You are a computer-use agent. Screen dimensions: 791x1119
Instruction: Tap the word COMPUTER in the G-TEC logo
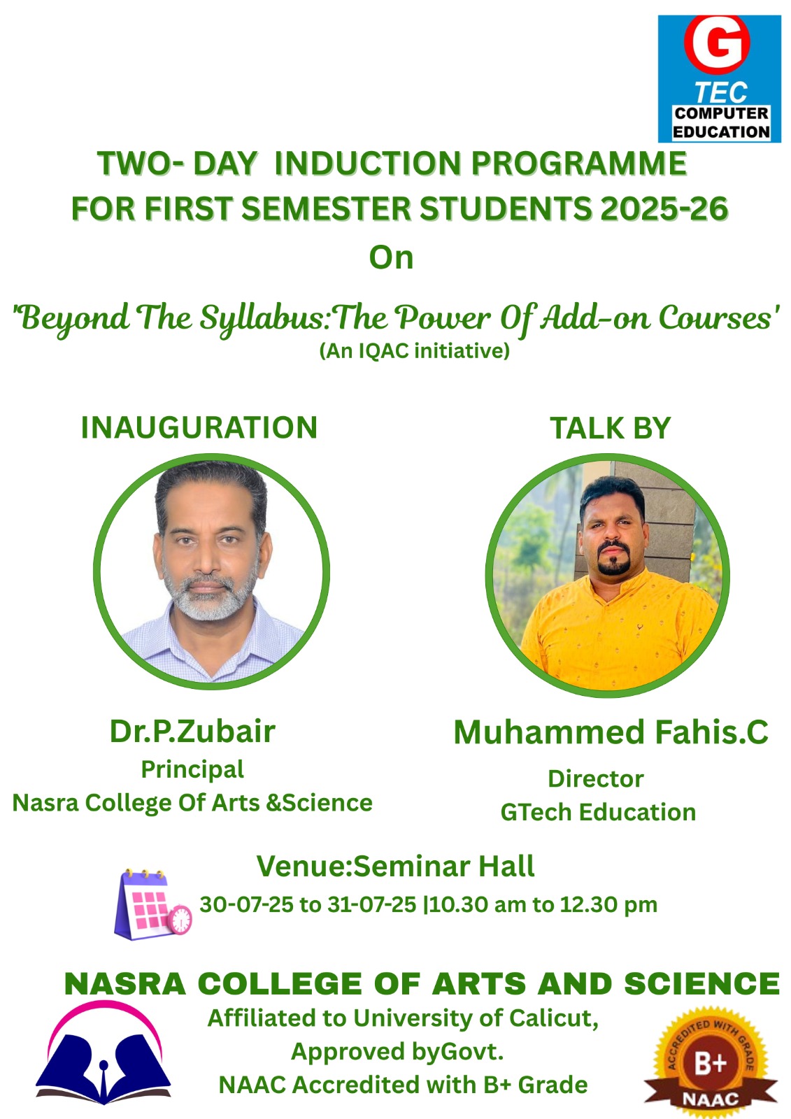point(722,113)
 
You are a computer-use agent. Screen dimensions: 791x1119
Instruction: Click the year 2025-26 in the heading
point(664,208)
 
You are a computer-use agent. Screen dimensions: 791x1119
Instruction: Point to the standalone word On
point(391,258)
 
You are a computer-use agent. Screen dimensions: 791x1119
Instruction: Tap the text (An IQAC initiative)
point(414,350)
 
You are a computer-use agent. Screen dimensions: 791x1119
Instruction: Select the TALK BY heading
point(610,428)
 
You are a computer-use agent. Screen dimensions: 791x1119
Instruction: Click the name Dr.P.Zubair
point(192,732)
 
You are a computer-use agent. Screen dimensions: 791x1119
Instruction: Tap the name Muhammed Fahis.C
point(611,732)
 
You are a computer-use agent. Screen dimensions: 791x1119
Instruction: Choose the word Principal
point(192,770)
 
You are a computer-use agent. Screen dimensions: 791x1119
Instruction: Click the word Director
point(596,779)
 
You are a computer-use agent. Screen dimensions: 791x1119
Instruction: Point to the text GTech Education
point(598,812)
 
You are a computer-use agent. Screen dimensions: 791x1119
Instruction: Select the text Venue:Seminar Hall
point(395,867)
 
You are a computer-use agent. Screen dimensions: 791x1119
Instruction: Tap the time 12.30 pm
point(608,905)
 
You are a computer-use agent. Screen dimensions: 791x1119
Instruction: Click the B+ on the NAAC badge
point(711,1063)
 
